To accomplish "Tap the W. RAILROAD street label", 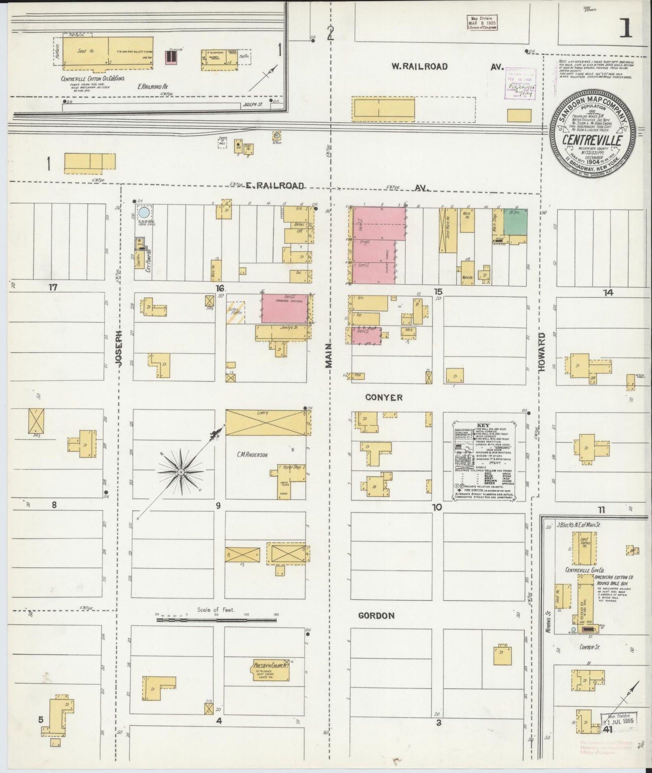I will (x=419, y=67).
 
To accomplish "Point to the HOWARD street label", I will (x=541, y=352).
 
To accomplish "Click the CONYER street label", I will (x=384, y=397).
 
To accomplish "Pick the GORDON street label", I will (x=376, y=616).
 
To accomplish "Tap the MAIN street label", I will (x=329, y=355).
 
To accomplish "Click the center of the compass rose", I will (x=180, y=472).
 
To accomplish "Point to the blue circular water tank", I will (x=144, y=212).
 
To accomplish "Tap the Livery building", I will (x=266, y=423).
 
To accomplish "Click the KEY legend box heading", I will (x=483, y=425).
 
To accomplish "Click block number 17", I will (x=53, y=287).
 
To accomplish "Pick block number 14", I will (x=608, y=293).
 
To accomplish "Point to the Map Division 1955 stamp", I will (x=617, y=720).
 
